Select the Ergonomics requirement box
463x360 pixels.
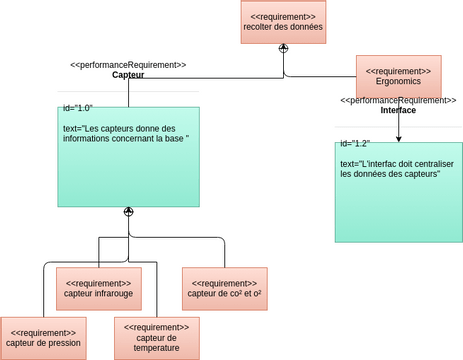click(398, 77)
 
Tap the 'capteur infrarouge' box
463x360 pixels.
click(98, 288)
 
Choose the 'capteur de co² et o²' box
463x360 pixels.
click(224, 288)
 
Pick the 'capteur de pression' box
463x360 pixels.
click(43, 338)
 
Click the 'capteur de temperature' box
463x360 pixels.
click(156, 338)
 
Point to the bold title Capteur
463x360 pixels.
click(128, 75)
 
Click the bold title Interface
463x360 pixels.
click(398, 110)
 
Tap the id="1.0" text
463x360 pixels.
click(78, 107)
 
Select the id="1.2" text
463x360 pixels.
click(355, 143)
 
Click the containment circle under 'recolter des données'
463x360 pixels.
click(283, 48)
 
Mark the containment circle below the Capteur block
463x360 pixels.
click(128, 212)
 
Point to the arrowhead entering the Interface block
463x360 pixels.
click(398, 138)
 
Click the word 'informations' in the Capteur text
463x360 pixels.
click(88, 139)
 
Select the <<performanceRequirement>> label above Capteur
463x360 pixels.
click(128, 65)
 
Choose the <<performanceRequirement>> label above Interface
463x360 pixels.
click(398, 100)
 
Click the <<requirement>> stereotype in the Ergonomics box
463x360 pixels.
click(398, 71)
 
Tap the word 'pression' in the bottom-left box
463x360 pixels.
click(61, 344)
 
